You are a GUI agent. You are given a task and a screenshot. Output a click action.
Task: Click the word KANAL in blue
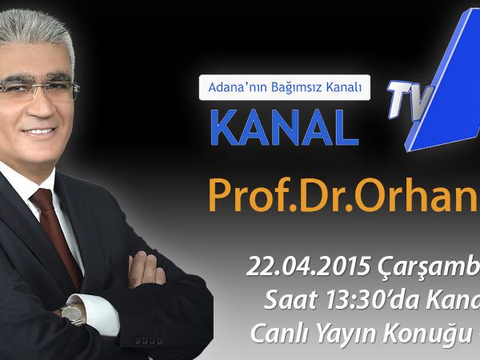click(x=284, y=127)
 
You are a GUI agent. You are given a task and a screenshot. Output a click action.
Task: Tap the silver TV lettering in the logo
click(x=410, y=100)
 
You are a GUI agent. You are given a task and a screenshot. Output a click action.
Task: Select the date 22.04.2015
click(x=309, y=266)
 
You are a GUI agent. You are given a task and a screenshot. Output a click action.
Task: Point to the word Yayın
click(x=346, y=334)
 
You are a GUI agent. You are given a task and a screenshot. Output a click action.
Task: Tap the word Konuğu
click(x=426, y=334)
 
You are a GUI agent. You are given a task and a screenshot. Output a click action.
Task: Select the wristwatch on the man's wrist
click(x=73, y=313)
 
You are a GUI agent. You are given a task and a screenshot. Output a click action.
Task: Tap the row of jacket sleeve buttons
click(x=149, y=341)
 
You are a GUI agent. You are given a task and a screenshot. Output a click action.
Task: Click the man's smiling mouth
click(x=39, y=132)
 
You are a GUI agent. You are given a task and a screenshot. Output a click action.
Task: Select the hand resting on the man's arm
click(x=146, y=270)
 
